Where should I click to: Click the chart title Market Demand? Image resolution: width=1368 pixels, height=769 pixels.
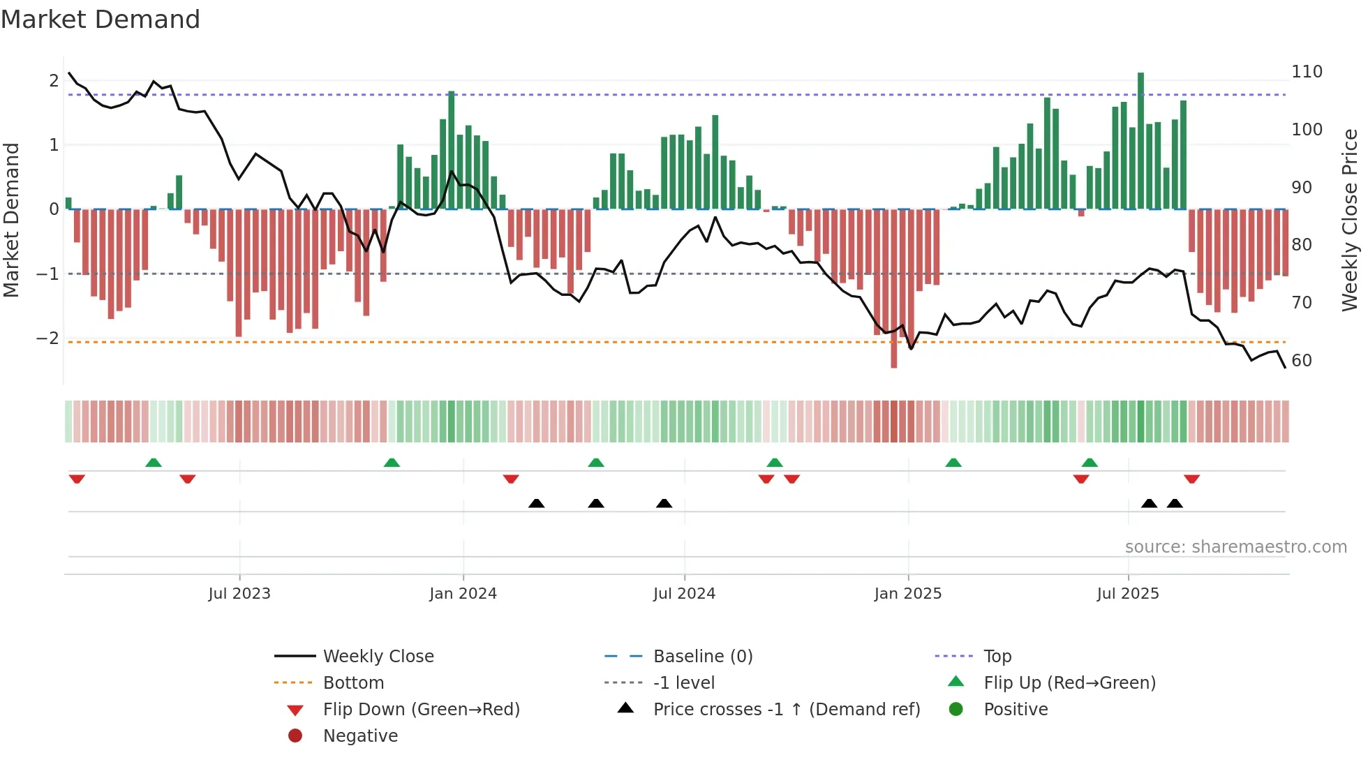click(101, 20)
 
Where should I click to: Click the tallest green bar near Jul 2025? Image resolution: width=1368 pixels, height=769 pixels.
click(1140, 140)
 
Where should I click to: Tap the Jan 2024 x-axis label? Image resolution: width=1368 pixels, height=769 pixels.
click(463, 594)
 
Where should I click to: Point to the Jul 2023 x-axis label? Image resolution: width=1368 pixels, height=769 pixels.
click(239, 594)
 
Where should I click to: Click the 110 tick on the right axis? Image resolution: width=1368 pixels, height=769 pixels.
click(1307, 72)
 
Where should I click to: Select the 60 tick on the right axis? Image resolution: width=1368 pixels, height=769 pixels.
click(1302, 361)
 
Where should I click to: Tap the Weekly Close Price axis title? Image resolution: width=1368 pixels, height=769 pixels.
click(1350, 220)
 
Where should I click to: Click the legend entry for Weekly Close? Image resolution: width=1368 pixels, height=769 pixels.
click(378, 657)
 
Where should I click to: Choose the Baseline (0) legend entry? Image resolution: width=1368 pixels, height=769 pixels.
click(702, 657)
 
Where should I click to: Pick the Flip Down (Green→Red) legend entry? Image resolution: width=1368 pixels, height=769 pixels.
click(421, 710)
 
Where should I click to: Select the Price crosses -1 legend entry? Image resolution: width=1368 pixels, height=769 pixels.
click(786, 710)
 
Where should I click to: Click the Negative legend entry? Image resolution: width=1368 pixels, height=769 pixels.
click(360, 736)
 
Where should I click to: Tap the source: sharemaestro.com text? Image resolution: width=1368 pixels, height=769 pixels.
click(1235, 547)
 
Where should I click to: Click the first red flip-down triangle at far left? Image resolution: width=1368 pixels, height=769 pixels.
click(77, 479)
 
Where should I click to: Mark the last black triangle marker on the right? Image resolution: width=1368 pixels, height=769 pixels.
click(1175, 503)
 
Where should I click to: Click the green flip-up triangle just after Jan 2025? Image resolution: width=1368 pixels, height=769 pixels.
click(953, 463)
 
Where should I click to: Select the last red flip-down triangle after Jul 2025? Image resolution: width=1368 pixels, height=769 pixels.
click(1191, 479)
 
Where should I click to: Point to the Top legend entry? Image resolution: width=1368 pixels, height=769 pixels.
click(997, 657)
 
